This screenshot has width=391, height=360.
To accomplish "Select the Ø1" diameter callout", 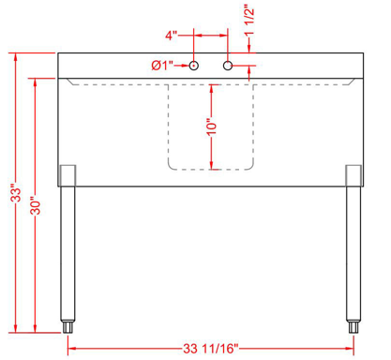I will tap(162, 66).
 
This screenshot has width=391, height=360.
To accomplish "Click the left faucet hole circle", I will tap(193, 66).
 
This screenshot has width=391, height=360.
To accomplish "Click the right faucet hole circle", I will tap(227, 66).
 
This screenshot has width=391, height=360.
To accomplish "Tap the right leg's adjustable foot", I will tap(353, 327).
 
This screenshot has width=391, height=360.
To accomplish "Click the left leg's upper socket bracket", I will tap(67, 174).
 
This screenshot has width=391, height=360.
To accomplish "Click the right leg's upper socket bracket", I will tap(353, 174).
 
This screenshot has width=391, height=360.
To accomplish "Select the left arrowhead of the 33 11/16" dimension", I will tap(70, 348).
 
